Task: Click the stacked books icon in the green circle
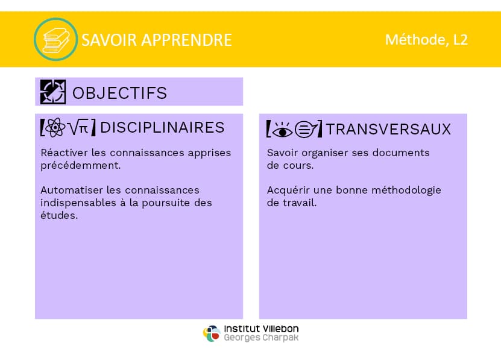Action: (x=55, y=40)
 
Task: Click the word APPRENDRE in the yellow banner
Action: (x=187, y=40)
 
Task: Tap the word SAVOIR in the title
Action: (x=109, y=40)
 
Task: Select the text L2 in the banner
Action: (x=461, y=40)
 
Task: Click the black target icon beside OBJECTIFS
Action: (x=53, y=92)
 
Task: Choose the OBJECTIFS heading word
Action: (x=119, y=93)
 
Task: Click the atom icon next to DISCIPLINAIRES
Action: (x=55, y=127)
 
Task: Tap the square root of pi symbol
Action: (x=78, y=127)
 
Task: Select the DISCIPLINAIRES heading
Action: (x=162, y=128)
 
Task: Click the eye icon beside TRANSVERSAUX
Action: (x=282, y=130)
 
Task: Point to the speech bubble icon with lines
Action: (x=306, y=130)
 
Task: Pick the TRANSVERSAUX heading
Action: (x=388, y=129)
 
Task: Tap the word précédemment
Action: (x=81, y=165)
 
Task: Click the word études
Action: (x=59, y=215)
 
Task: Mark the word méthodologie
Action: (x=406, y=191)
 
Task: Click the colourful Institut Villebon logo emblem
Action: (x=212, y=333)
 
